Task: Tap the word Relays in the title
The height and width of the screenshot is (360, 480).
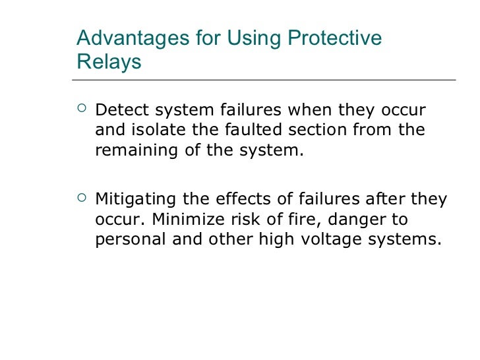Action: point(109,62)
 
